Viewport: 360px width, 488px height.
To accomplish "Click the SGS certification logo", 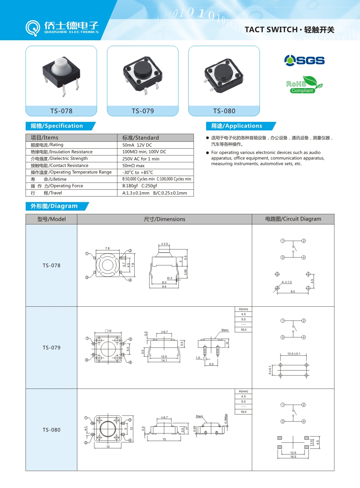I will pyautogui.click(x=304, y=60).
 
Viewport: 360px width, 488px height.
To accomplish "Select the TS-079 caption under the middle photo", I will pyautogui.click(x=143, y=111).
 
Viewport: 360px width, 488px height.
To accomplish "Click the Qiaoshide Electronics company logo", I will pyautogui.click(x=62, y=28).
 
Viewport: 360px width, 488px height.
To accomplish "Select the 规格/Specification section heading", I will pyautogui.click(x=57, y=126).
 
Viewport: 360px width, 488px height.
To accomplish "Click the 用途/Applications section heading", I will pyautogui.click(x=237, y=126).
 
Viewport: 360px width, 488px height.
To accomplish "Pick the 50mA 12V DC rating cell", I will pyautogui.click(x=137, y=145).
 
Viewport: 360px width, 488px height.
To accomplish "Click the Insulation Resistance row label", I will pyautogui.click(x=62, y=152).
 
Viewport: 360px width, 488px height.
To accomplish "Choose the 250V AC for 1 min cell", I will pyautogui.click(x=141, y=159).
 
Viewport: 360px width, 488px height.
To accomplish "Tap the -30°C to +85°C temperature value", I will pyautogui.click(x=138, y=173).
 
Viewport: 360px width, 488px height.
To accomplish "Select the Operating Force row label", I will pyautogui.click(x=57, y=186).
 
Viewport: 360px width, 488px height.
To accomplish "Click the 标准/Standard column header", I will pyautogui.click(x=140, y=138).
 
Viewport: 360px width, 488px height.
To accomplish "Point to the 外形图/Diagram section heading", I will pyautogui.click(x=54, y=206).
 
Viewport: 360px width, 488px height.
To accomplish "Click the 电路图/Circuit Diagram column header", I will pyautogui.click(x=293, y=219).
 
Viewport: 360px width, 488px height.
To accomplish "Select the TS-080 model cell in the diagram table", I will pyautogui.click(x=52, y=430).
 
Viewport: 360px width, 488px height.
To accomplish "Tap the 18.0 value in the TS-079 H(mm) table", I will pyautogui.click(x=244, y=330).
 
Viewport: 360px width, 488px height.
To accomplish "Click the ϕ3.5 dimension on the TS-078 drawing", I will pyautogui.click(x=165, y=244).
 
